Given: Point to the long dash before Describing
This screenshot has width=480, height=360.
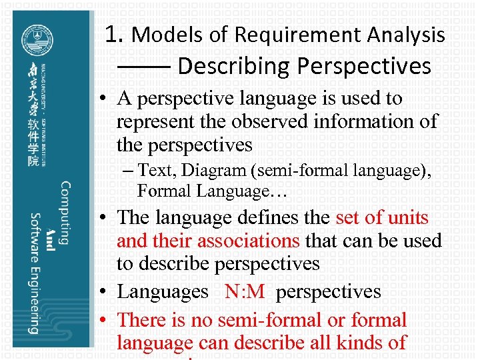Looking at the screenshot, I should (144, 67).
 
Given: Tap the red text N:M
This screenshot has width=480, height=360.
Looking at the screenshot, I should (244, 292).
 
